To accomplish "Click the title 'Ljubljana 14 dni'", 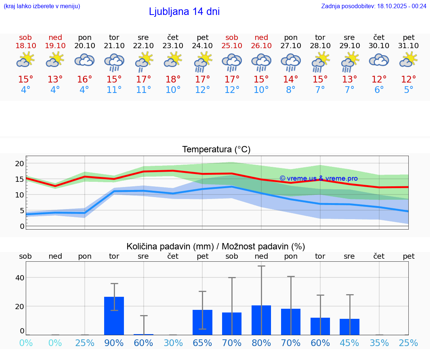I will coord(184,12).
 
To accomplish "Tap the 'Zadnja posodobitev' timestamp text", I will coord(374,6).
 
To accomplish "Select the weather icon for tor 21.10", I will coord(114,62).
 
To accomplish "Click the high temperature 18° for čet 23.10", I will coord(173,80).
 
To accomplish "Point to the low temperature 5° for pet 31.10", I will coord(409,90).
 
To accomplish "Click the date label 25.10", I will coord(232,46).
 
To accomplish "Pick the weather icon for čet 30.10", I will coord(379,60).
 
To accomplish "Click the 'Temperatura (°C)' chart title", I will coord(216,149).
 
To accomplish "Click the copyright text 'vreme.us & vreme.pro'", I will coord(318,178).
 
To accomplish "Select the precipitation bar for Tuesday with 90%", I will coord(114,315).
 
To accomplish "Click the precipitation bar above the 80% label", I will coord(261,320).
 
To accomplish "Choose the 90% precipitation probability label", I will coord(114,343).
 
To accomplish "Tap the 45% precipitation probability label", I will coord(350,343).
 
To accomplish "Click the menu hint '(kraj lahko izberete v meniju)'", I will coord(42,6).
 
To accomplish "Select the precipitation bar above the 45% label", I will coord(350,327).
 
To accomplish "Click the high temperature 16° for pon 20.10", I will coord(84,80).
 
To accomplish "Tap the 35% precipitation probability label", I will coord(379,343).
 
